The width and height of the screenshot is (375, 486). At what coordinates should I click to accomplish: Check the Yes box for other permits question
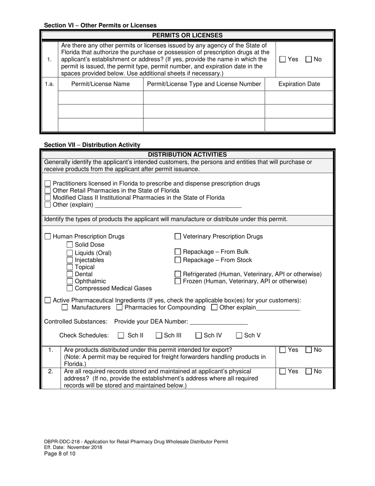[283, 59]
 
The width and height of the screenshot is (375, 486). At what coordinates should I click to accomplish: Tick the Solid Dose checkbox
[70, 245]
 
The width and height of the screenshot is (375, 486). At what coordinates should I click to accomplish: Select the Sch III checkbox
[159, 335]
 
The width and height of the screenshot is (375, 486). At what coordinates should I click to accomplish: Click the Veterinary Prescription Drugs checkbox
[178, 237]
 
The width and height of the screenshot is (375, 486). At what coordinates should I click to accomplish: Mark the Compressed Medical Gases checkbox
[70, 288]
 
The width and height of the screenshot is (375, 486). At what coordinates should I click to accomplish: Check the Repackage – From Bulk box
[178, 252]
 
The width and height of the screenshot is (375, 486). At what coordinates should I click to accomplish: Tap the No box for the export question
[309, 350]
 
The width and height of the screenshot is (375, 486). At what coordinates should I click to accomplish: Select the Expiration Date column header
[299, 84]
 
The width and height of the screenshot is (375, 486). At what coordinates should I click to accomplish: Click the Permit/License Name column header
[100, 84]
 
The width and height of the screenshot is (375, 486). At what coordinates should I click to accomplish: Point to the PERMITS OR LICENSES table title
[187, 35]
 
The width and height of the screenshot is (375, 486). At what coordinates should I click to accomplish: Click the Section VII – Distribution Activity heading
[92, 145]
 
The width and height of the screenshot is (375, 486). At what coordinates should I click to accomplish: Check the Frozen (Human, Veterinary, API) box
[178, 281]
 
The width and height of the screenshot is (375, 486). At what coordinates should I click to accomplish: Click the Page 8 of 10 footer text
[60, 454]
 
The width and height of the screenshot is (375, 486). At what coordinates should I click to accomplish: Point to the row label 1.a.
[49, 84]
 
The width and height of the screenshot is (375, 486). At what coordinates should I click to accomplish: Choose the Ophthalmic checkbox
[70, 281]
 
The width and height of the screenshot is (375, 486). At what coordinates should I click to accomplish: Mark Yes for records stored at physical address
[283, 371]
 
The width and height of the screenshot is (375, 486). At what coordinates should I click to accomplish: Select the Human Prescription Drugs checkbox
[48, 237]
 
